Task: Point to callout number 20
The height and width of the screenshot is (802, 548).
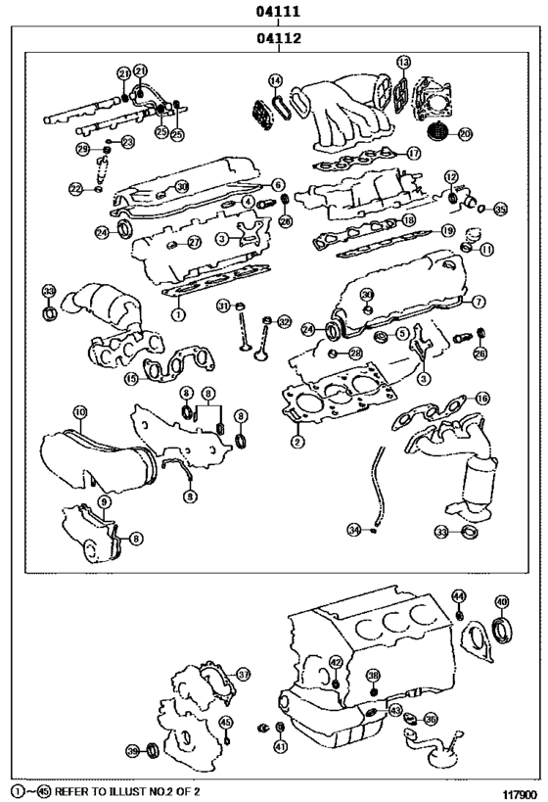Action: point(464,133)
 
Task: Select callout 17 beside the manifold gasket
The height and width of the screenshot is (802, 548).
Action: point(414,153)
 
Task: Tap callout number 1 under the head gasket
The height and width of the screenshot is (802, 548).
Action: point(178,315)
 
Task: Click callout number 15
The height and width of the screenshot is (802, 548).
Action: point(131,378)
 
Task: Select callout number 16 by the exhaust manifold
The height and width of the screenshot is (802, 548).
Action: point(481,398)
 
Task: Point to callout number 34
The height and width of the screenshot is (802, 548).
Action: point(354,529)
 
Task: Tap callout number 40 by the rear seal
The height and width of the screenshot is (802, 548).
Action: point(501,601)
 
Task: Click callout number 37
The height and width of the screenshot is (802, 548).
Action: point(244,674)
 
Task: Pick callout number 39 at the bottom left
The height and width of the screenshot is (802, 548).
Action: point(133,750)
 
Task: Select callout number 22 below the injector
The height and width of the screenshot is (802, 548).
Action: point(75,188)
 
